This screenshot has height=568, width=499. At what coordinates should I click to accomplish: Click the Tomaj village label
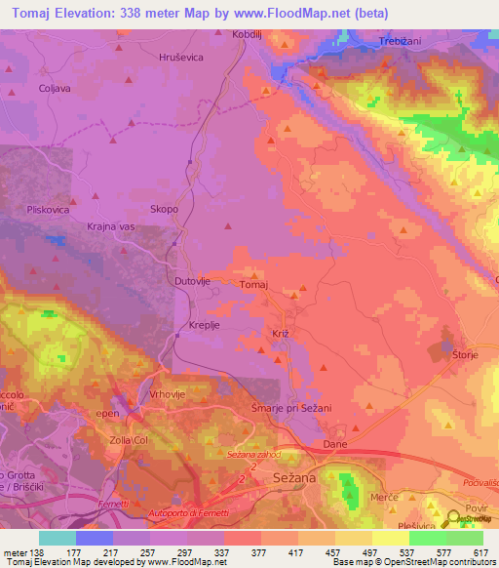[x=253, y=285]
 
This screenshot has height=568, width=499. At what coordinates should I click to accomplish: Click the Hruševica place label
[x=179, y=58]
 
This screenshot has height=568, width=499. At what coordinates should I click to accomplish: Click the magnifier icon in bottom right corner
[x=455, y=522]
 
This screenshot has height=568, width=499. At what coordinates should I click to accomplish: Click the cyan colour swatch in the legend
[x=57, y=538]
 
